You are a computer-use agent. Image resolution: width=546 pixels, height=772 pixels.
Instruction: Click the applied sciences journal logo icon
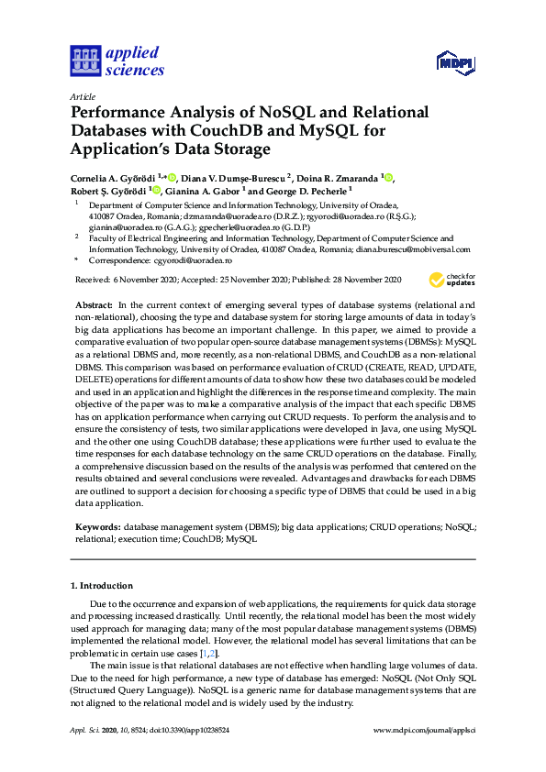click(84, 61)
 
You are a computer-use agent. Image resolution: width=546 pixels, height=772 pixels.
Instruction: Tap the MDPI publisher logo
click(454, 63)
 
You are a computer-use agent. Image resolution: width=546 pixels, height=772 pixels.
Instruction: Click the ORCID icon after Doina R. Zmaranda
click(387, 177)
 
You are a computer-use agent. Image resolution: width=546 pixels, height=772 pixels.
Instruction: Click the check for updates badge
click(452, 279)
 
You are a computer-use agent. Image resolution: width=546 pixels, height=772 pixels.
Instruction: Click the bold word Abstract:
click(94, 303)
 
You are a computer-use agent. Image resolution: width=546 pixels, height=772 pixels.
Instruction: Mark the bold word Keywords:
click(97, 527)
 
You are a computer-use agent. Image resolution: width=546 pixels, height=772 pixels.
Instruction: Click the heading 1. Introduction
click(102, 585)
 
